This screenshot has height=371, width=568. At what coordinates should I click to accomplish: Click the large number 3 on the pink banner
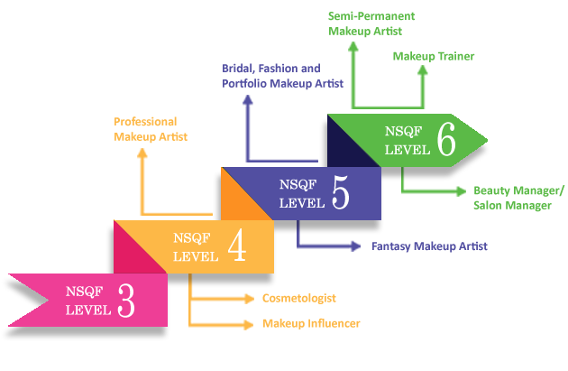coord(126,301)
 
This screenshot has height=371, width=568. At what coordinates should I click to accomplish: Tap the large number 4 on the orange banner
coord(237,246)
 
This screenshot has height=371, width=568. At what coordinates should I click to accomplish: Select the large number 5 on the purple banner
coord(341,192)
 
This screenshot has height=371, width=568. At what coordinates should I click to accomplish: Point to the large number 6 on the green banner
coord(446,139)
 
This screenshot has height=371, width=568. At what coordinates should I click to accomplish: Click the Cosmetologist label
coord(299,299)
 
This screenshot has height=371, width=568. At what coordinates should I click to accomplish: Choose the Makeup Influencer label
coord(311,323)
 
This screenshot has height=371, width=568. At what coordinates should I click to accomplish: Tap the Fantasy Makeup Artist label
coord(429,246)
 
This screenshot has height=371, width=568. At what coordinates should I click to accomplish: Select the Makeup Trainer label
coord(434,56)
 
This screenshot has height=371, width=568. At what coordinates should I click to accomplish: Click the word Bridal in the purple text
coord(238,69)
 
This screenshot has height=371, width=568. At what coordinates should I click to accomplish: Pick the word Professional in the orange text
coord(145,122)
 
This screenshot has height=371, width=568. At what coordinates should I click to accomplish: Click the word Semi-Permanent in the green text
coord(371,16)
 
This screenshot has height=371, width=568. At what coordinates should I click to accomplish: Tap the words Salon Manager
coord(513,206)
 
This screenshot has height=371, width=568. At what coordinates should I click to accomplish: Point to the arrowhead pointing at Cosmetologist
coord(250,299)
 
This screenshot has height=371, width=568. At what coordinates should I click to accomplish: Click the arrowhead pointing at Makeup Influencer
coord(250,324)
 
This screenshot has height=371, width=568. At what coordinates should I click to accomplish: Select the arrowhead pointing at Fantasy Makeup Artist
coord(356,246)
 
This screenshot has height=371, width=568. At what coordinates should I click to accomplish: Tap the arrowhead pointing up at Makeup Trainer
coord(422,70)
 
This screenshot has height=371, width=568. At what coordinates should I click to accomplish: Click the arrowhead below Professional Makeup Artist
coord(142,153)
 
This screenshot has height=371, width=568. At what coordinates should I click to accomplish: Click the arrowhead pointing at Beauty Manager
coord(462,191)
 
